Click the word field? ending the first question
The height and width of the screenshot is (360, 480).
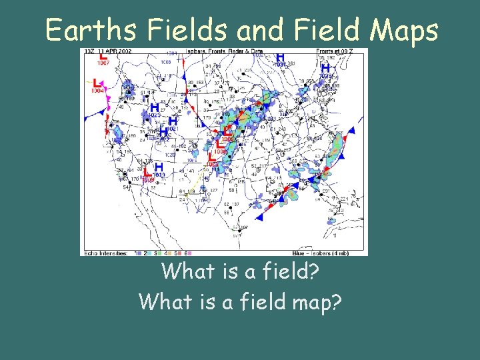click(x=293, y=271)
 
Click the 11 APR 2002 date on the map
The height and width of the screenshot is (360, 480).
click(x=119, y=52)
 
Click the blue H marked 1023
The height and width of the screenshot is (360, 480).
click(x=154, y=109)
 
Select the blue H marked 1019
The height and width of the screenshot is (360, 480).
click(x=159, y=168)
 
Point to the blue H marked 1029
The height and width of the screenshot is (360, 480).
click(x=325, y=69)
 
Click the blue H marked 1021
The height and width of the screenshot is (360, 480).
click(x=172, y=122)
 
